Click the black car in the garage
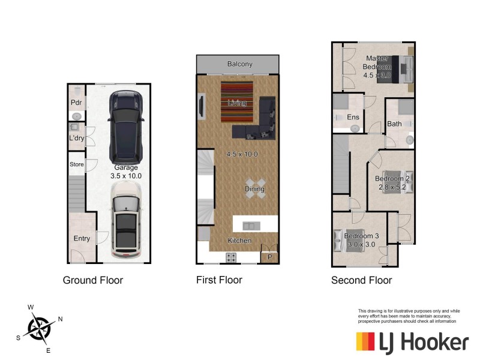[x=126, y=127]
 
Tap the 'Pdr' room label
[x=76, y=103]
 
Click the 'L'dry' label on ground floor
[x=76, y=138]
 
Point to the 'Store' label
[x=76, y=164]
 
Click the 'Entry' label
[x=82, y=238]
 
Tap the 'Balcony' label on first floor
[x=239, y=64]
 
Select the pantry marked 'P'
[x=269, y=256]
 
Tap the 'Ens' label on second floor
[x=353, y=117]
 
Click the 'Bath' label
[x=394, y=124]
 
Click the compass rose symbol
[x=38, y=328]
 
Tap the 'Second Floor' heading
[x=361, y=280]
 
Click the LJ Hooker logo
[x=412, y=342]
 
